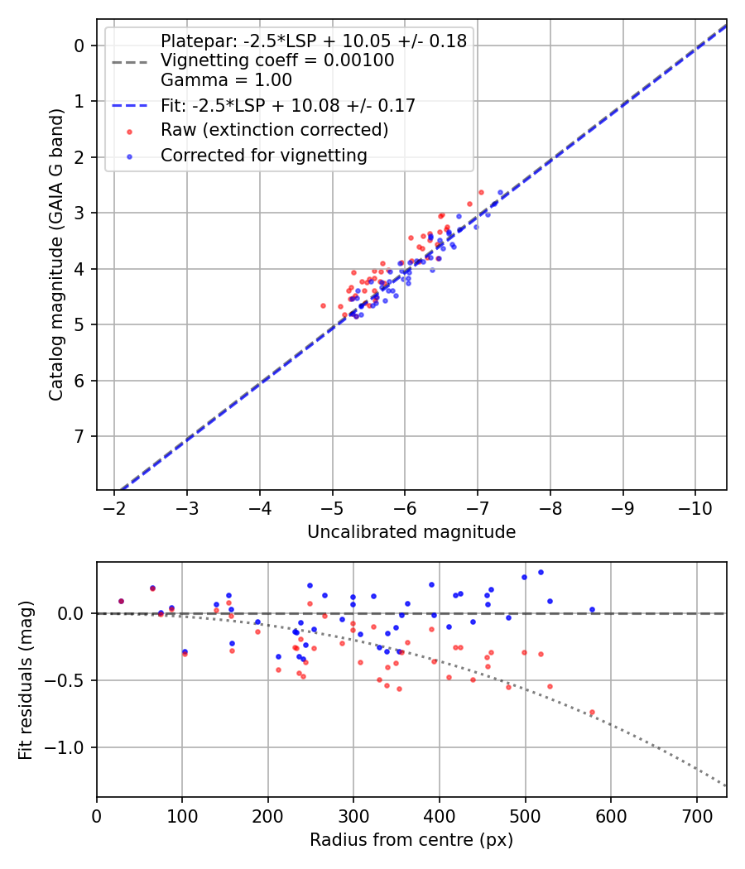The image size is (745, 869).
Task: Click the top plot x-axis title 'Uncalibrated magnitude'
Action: (411, 532)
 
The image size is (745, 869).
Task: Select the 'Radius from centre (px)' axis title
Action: (411, 840)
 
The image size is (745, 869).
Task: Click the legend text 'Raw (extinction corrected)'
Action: (274, 130)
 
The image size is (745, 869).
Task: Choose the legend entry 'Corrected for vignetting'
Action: (263, 156)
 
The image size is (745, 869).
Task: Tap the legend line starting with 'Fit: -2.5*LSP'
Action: (287, 105)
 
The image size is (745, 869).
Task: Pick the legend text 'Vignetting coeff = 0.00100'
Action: (277, 60)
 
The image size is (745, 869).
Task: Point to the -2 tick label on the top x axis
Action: (114, 507)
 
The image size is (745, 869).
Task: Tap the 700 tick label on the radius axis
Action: (696, 815)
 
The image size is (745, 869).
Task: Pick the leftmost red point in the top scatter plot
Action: (323, 305)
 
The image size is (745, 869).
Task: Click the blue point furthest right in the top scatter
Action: (500, 192)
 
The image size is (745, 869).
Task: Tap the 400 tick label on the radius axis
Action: (440, 815)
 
